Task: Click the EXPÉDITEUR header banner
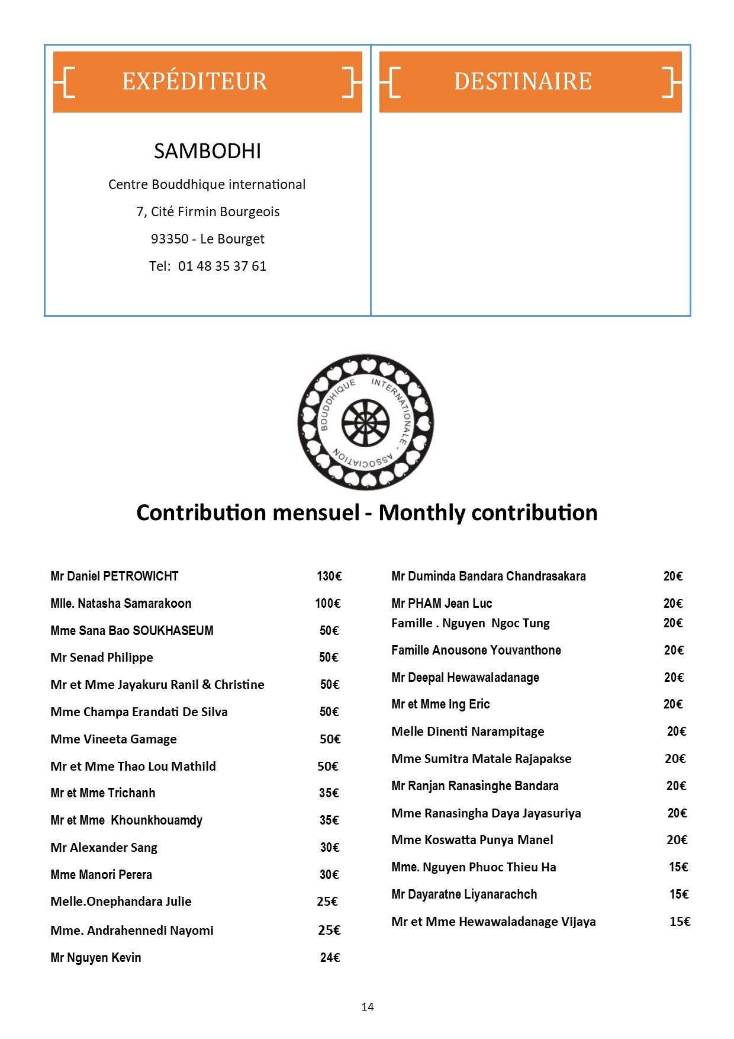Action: [x=207, y=82]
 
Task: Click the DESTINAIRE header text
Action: [x=523, y=82]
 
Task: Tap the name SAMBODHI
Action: [x=207, y=152]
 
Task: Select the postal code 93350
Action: [x=169, y=239]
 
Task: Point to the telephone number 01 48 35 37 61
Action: [x=222, y=266]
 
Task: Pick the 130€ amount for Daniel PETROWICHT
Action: [x=329, y=576]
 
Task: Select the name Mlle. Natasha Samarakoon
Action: [x=121, y=604]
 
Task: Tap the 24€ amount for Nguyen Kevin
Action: [x=330, y=958]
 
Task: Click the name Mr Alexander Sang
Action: [x=104, y=848]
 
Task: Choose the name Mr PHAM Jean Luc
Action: [x=442, y=604]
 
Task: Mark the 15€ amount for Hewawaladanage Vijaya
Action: [x=680, y=922]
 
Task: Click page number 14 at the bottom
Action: [x=367, y=1007]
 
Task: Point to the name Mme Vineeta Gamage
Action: [x=113, y=739]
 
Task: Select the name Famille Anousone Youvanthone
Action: [x=476, y=650]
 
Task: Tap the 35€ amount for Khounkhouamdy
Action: [x=329, y=820]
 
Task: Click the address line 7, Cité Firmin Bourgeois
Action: [x=208, y=211]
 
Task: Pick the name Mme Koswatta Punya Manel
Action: [x=472, y=840]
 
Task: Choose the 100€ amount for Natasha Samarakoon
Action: [x=327, y=604]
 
